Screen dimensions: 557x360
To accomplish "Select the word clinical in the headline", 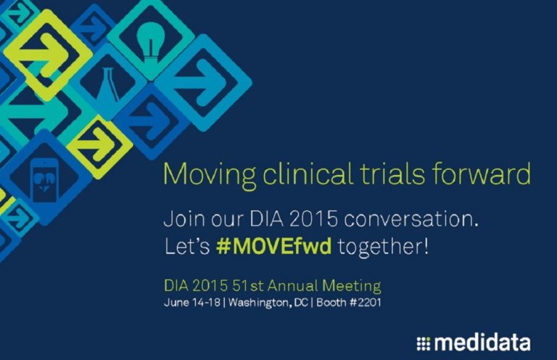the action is click(x=308, y=173).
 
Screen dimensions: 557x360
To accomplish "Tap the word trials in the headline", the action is click(x=392, y=173).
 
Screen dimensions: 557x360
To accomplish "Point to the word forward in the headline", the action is click(x=482, y=173).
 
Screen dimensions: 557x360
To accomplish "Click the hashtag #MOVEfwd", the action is click(x=274, y=246).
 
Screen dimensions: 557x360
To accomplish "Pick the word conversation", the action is click(x=411, y=218).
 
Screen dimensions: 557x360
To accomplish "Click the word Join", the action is click(x=184, y=218).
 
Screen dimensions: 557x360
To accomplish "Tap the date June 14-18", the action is click(x=191, y=303).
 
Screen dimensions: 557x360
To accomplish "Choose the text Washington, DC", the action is click(x=268, y=303).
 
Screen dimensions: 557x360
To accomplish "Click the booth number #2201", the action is click(x=366, y=303).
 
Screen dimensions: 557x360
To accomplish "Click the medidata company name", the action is click(x=482, y=343).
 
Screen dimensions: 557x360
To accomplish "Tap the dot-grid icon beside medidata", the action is click(x=423, y=344).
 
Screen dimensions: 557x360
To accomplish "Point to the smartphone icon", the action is click(x=44, y=180).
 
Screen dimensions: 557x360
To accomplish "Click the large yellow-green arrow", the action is click(x=44, y=54).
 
